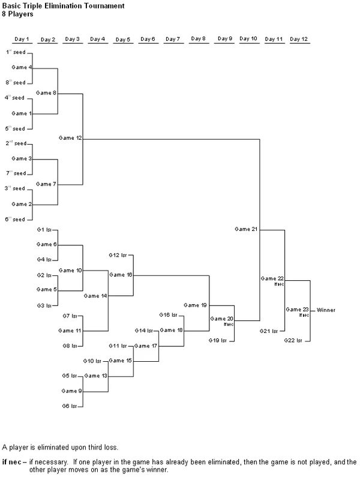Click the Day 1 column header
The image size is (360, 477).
pyautogui.click(x=21, y=40)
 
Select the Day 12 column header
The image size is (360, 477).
pyautogui.click(x=300, y=40)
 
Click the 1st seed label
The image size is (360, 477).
pyautogui.click(x=16, y=52)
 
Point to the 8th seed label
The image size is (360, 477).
pyautogui.click(x=16, y=83)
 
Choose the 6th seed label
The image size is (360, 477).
pyautogui.click(x=16, y=220)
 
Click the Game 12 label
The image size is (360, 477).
pyautogui.click(x=70, y=138)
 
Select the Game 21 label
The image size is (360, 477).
pyautogui.click(x=246, y=229)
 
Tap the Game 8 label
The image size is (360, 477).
pyautogui.click(x=46, y=93)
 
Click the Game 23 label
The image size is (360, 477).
pyautogui.click(x=296, y=310)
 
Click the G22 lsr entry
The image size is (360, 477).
pyautogui.click(x=293, y=340)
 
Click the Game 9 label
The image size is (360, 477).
pyautogui.click(x=71, y=391)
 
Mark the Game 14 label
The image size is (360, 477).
pyautogui.click(x=95, y=296)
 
